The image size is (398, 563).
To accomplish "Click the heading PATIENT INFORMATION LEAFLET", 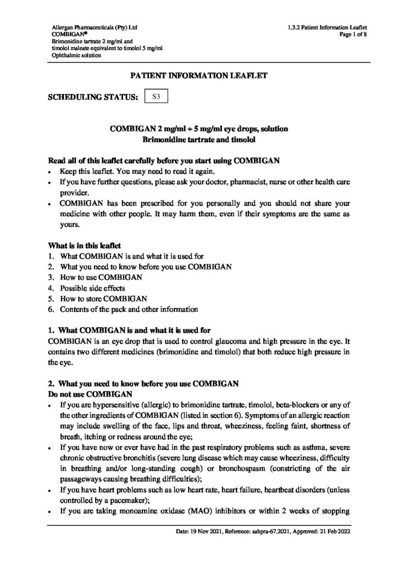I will [x=198, y=75].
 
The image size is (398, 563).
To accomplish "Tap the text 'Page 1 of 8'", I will [x=352, y=34].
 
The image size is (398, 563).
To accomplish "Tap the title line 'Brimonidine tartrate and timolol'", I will [x=198, y=140].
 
